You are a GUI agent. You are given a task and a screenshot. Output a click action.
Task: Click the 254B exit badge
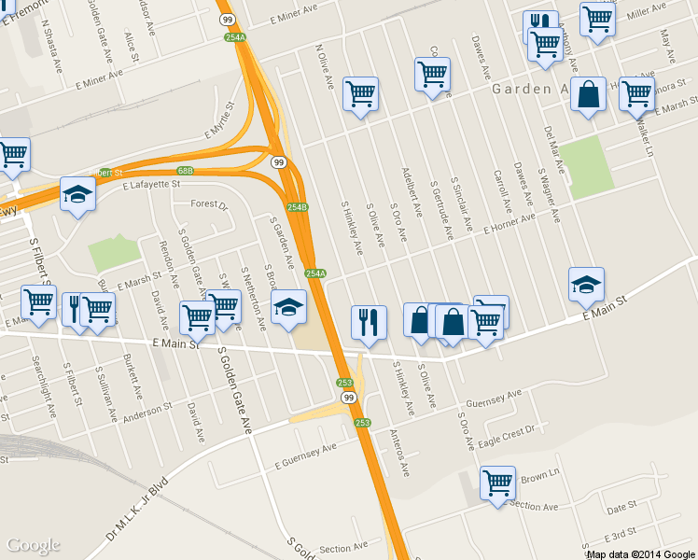click(297, 207)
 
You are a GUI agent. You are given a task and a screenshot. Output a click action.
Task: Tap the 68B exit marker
click(186, 171)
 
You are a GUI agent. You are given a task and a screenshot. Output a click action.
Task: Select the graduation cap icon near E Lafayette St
click(77, 195)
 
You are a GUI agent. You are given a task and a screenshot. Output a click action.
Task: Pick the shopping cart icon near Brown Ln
click(497, 483)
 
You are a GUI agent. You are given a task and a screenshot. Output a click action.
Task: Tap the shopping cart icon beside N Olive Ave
click(360, 94)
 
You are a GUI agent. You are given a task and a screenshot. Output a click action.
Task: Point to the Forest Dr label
click(209, 204)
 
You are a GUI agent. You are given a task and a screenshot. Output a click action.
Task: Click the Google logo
click(34, 545)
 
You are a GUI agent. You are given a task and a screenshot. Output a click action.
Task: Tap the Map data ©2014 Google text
click(640, 554)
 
